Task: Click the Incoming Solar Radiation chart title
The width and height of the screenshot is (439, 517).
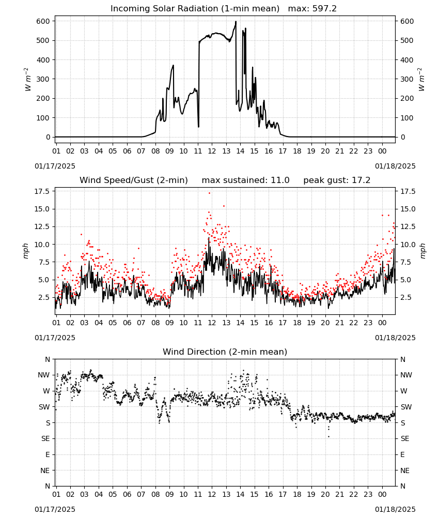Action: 195,9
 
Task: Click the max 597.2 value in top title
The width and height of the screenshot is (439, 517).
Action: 312,9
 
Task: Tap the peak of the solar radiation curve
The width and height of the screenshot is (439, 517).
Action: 236,21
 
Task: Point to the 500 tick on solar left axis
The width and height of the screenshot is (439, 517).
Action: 43,40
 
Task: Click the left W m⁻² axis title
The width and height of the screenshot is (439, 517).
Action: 28,79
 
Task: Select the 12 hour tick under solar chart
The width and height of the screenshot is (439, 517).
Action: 212,151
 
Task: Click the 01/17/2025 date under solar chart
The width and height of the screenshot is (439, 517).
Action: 55,166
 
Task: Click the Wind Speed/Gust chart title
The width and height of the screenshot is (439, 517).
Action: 134,180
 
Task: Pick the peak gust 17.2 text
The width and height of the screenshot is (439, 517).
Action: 337,180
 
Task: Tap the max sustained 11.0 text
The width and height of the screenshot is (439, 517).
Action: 246,180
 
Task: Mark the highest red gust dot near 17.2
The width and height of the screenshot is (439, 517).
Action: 210,193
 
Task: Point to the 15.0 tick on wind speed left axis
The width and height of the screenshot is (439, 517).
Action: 42,209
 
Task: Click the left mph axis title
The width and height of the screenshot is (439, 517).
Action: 26,251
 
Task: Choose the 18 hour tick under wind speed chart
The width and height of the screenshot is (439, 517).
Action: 297,323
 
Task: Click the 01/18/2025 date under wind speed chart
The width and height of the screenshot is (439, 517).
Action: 395,338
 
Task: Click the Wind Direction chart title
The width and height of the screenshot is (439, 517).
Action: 225,352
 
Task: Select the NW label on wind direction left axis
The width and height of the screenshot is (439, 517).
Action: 44,375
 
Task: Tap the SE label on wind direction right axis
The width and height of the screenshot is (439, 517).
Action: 405,439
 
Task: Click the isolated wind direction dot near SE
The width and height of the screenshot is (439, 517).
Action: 328,437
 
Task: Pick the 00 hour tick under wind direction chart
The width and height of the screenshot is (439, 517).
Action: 382,494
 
